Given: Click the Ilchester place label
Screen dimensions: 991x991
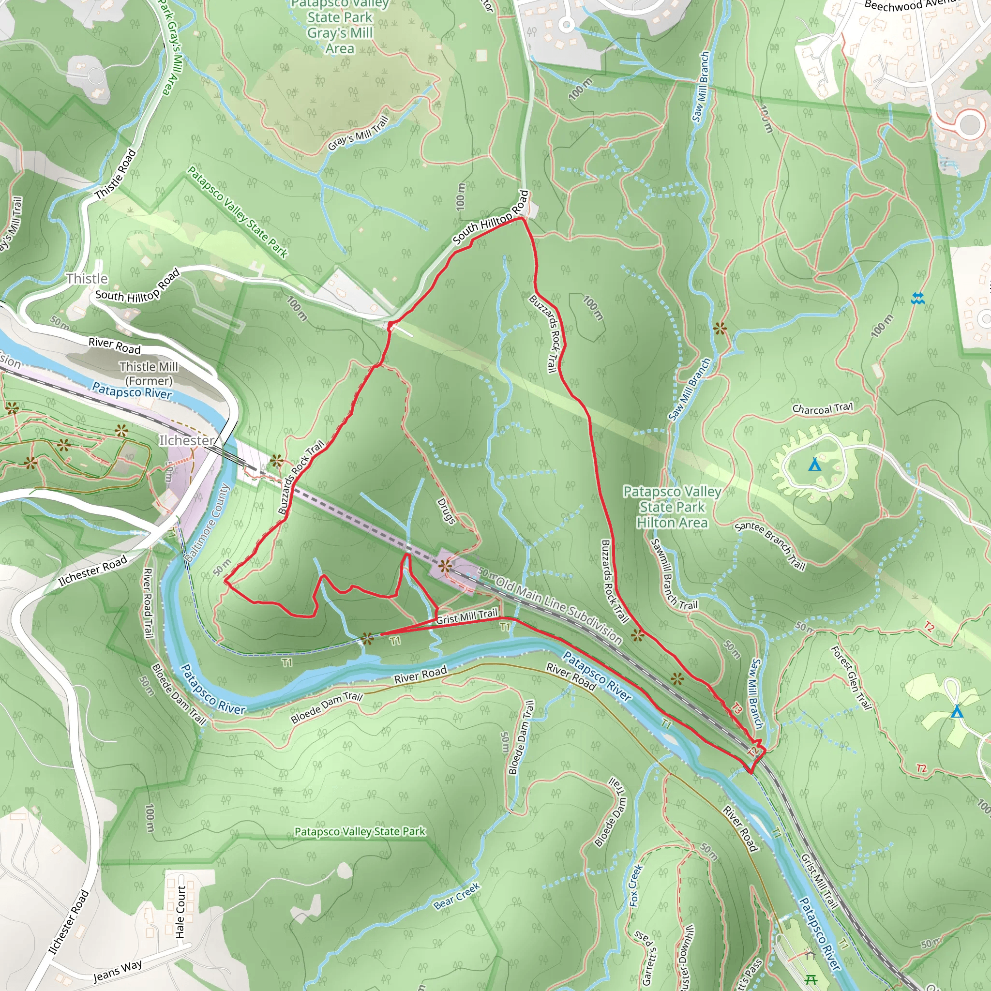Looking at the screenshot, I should (x=187, y=441).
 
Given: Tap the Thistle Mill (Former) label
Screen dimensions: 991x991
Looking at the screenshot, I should (x=149, y=374).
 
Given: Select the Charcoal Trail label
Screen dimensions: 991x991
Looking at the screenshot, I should (x=822, y=408).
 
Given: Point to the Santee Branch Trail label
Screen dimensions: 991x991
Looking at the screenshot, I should (x=770, y=546).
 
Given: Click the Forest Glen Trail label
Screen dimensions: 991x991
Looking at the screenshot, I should (x=852, y=677).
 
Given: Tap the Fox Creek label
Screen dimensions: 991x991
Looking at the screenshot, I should (x=635, y=886).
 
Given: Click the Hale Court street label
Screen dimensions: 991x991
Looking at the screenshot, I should (x=180, y=912).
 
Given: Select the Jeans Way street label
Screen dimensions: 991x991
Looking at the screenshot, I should (x=118, y=971).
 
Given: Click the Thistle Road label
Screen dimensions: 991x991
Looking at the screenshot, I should (x=117, y=174).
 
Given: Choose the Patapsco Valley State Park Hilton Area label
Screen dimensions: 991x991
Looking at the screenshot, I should (x=672, y=507).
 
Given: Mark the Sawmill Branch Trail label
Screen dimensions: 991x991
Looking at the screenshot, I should (x=673, y=574).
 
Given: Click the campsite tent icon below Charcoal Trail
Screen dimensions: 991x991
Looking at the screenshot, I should (x=814, y=465).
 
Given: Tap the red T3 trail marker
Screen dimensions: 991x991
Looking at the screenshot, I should (x=736, y=709).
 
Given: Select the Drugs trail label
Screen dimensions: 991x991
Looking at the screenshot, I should (x=446, y=511).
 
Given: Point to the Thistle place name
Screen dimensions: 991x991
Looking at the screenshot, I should (x=87, y=279).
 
